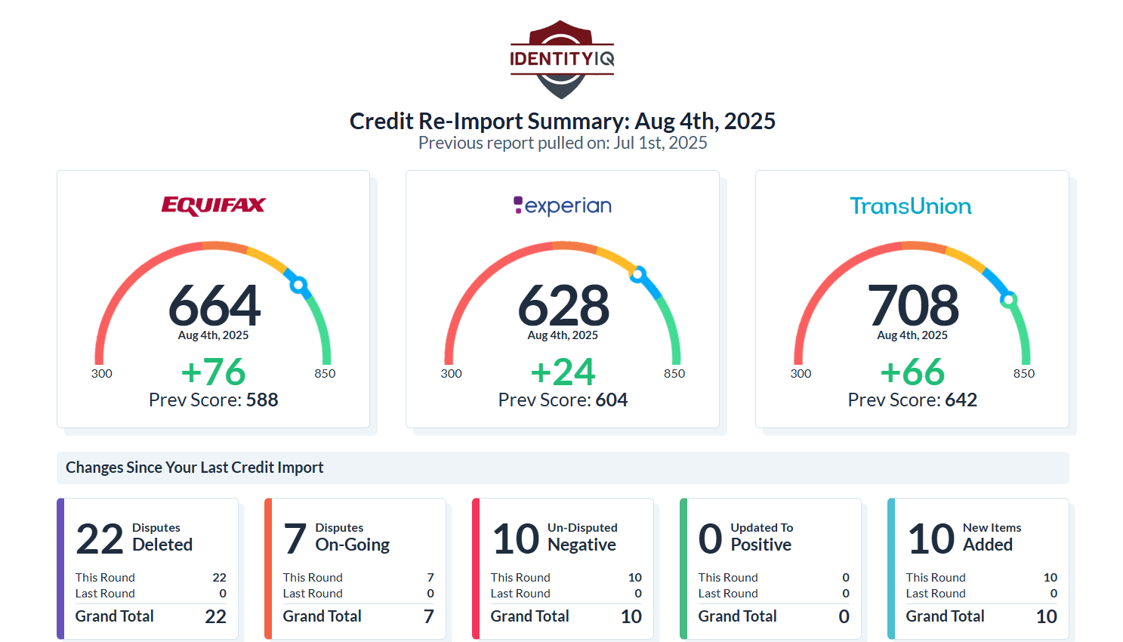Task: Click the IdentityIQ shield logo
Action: click(562, 59)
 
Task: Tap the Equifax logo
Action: click(213, 205)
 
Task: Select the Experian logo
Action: click(563, 205)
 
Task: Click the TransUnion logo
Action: click(911, 206)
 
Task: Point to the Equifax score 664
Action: click(214, 305)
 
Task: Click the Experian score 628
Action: click(563, 305)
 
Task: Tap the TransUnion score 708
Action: click(913, 305)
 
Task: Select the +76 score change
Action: click(213, 372)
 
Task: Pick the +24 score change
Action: click(563, 372)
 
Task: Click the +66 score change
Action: click(912, 372)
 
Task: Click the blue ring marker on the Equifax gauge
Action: click(298, 285)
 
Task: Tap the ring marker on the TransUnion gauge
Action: click(1009, 300)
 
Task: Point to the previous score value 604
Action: click(611, 400)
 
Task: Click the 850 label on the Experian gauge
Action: click(674, 374)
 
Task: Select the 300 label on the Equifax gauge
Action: click(102, 374)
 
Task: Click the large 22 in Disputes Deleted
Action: click(99, 539)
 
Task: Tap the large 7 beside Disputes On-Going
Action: click(295, 539)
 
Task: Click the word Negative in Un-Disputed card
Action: click(582, 545)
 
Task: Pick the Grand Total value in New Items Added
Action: click(1047, 616)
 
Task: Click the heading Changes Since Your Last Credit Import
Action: click(195, 468)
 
